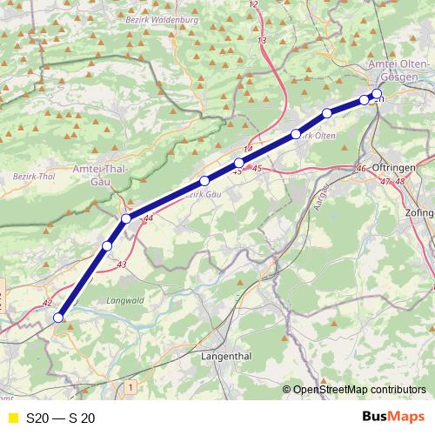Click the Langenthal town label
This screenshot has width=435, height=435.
[x=225, y=357]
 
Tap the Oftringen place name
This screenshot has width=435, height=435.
[x=395, y=168]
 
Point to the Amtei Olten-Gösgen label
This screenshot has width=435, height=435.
[x=399, y=71]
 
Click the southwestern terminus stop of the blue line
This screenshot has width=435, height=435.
[x=59, y=318]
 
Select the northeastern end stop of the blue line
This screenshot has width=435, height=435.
[x=377, y=94]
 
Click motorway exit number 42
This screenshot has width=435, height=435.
[x=47, y=303]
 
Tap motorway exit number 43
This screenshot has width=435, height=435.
[x=121, y=264]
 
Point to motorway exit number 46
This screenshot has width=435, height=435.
[x=362, y=168]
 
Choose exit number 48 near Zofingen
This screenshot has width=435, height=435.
[x=400, y=181]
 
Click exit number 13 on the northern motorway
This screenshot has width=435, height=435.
[x=262, y=41]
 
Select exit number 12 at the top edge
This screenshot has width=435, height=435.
[x=253, y=4]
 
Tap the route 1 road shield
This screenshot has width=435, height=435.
[x=130, y=385]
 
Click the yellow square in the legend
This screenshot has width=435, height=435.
[x=11, y=418]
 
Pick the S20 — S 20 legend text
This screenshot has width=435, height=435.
[x=61, y=418]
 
